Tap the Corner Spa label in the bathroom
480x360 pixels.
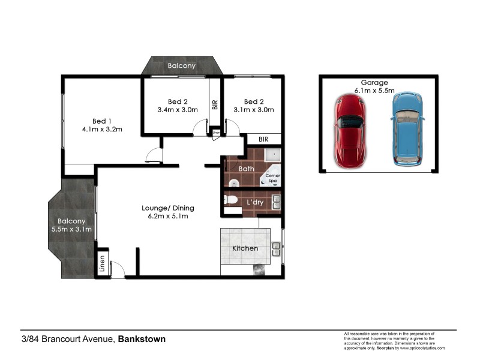(273, 178)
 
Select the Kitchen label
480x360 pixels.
(245, 248)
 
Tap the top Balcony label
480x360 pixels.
(181, 66)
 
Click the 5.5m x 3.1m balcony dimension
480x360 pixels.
(71, 229)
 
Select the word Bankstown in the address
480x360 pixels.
(142, 339)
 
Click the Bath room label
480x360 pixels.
(247, 169)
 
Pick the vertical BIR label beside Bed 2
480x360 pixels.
(215, 104)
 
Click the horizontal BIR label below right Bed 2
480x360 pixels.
(263, 139)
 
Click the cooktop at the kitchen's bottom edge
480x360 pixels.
(259, 269)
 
